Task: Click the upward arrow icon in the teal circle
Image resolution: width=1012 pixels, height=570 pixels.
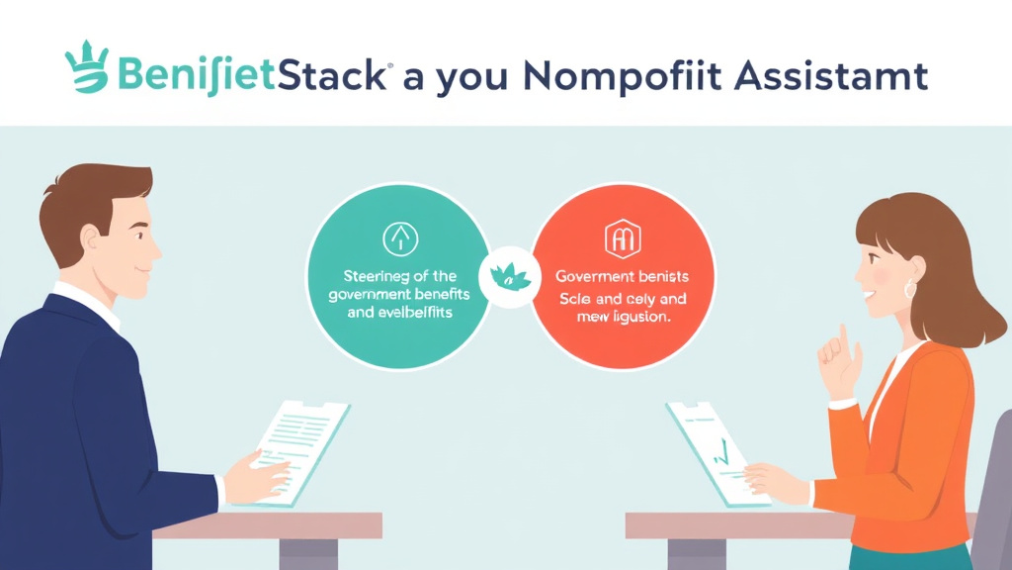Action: point(399,237)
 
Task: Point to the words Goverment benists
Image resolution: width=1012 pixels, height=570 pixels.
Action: point(622,276)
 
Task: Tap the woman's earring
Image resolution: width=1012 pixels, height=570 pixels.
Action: point(909,289)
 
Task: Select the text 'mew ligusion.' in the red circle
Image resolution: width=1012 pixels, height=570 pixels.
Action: point(622,319)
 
